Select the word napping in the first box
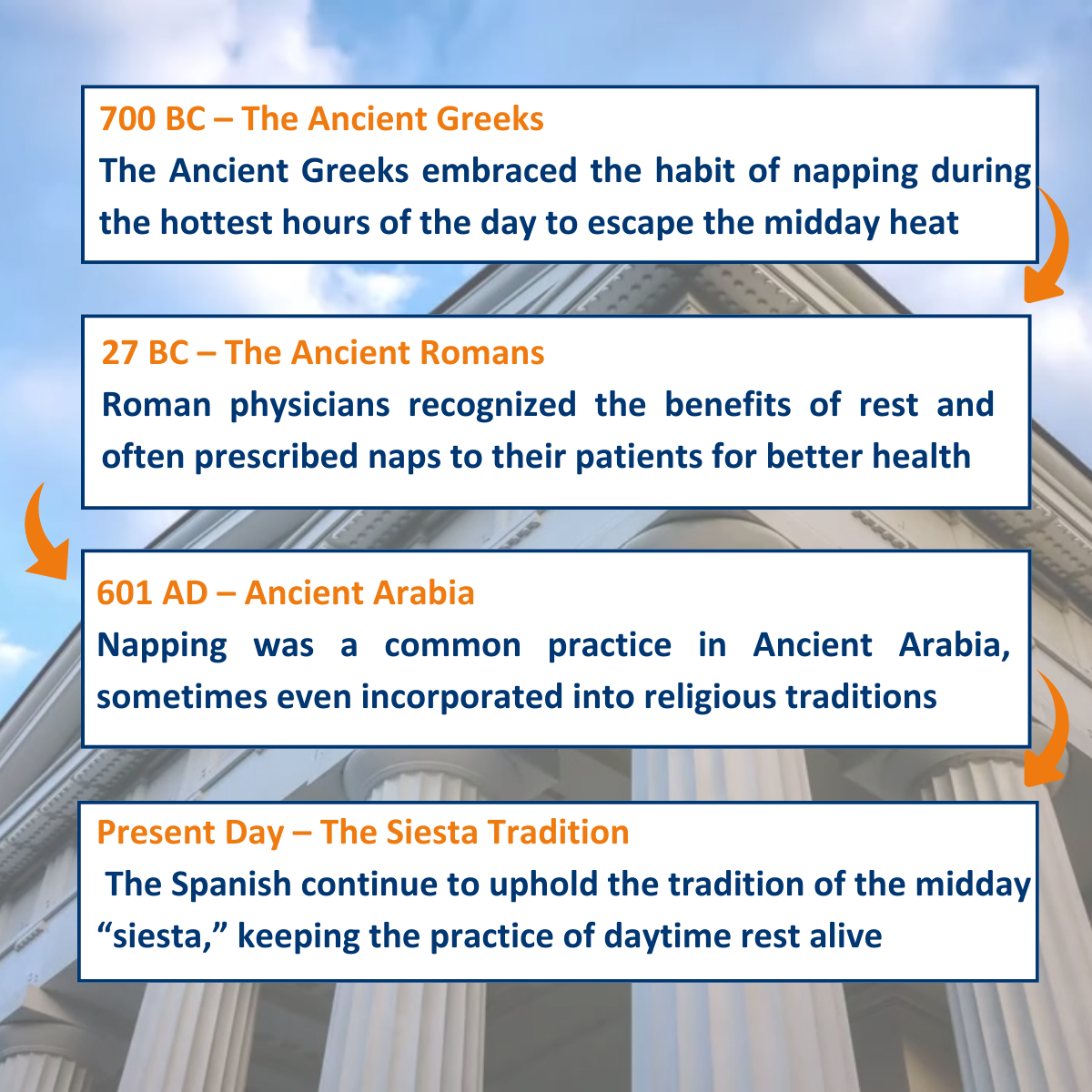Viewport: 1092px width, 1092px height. (x=854, y=172)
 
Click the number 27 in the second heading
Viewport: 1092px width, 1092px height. (x=119, y=352)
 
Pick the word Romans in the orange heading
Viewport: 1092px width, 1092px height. (x=481, y=352)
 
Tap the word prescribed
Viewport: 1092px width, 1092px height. (x=277, y=458)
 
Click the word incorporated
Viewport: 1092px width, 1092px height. (x=462, y=698)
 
